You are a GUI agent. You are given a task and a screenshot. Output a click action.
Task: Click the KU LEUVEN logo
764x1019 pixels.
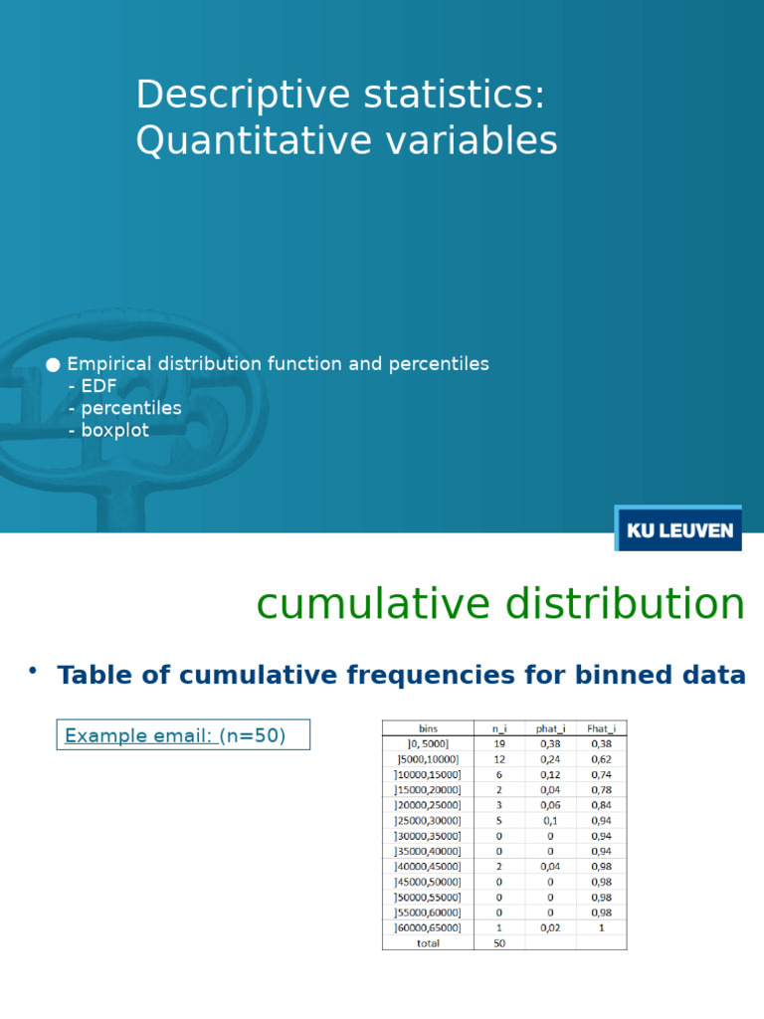[678, 529]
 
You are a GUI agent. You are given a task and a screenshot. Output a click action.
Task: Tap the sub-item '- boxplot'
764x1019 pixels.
[109, 430]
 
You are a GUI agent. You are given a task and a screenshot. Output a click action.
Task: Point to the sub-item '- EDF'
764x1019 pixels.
[93, 386]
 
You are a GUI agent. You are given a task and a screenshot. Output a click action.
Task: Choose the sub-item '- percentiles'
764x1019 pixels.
[125, 408]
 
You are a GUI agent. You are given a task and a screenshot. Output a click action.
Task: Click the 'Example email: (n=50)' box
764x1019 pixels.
[183, 735]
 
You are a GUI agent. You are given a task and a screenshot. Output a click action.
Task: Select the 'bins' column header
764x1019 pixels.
[428, 728]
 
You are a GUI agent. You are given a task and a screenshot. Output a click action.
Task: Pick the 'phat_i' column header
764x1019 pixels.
[550, 728]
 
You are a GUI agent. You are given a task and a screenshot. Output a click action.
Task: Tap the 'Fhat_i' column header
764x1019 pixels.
[601, 728]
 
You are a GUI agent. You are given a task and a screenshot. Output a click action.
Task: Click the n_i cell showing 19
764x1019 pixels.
[499, 743]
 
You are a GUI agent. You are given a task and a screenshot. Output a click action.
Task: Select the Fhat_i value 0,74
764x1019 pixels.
[601, 774]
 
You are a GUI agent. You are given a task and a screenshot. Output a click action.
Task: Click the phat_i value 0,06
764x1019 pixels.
[550, 805]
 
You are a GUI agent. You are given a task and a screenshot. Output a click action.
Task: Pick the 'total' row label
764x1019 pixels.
[428, 943]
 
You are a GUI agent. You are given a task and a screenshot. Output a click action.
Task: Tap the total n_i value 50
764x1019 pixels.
[499, 943]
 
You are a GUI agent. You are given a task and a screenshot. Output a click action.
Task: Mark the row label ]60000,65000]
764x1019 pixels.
[428, 927]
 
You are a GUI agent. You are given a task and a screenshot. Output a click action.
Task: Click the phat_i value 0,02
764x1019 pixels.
[550, 927]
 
